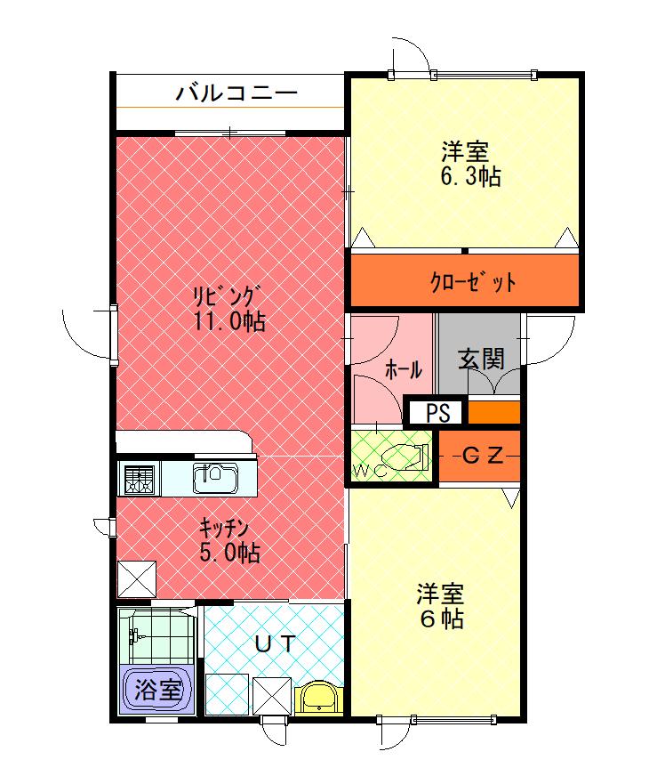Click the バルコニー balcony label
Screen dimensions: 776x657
[x=235, y=92]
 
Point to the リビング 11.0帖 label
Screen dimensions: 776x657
[x=228, y=307]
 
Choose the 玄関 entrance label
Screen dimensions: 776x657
[x=481, y=359]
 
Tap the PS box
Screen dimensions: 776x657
[x=436, y=413]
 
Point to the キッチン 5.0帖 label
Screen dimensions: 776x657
[x=228, y=539]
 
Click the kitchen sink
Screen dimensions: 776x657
[x=215, y=478]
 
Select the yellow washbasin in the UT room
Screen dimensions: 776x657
[x=317, y=696]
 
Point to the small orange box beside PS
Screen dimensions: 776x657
[x=493, y=413]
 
